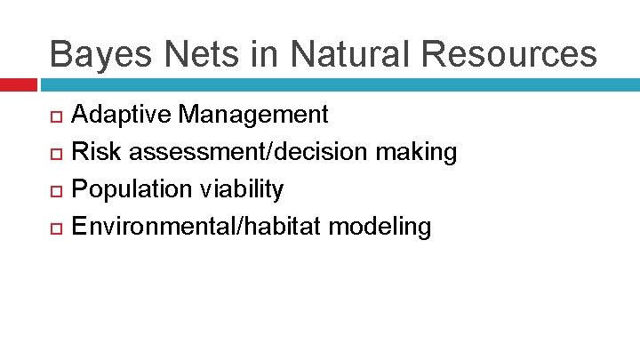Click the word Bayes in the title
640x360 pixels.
100,55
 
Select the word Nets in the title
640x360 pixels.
201,54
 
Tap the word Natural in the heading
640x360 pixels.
350,53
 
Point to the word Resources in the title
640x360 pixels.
509,54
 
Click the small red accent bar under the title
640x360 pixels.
19,85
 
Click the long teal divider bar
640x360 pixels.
340,85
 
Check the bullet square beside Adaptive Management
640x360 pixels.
56,116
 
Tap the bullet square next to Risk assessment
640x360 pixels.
56,154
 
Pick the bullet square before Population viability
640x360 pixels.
56,191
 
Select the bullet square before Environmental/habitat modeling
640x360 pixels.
56,228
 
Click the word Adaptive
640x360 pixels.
121,115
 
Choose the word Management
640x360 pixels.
253,115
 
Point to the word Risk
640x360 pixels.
96,151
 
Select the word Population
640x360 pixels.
132,190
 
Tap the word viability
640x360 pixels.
242,190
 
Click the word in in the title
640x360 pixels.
265,54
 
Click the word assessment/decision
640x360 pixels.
249,152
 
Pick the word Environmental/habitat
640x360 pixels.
196,226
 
